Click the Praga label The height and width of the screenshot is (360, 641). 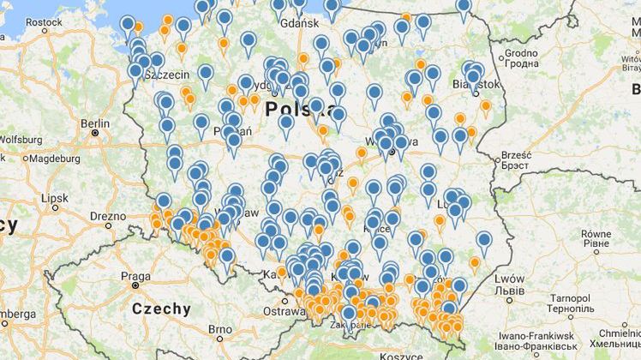pyautogui.click(x=135, y=276)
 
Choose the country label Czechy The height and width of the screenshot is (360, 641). pyautogui.click(x=161, y=309)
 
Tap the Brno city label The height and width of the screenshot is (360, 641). pyautogui.click(x=220, y=329)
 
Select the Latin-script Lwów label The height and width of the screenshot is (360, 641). pyautogui.click(x=509, y=279)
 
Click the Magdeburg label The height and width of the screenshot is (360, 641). pyautogui.click(x=47, y=158)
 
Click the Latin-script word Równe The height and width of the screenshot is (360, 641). pyautogui.click(x=596, y=233)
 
